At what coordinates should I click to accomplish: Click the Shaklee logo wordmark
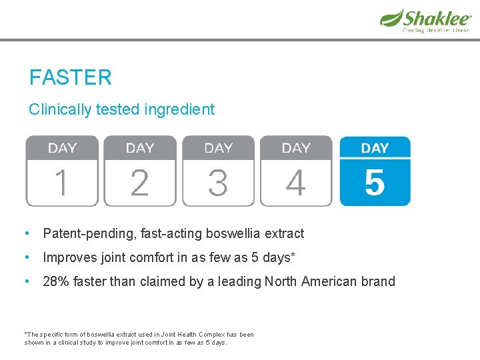tap(436, 17)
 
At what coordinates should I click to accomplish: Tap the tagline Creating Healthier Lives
tap(435, 30)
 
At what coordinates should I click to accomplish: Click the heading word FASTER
tap(70, 78)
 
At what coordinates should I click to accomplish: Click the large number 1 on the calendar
tap(61, 183)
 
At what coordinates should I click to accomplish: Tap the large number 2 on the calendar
tap(139, 183)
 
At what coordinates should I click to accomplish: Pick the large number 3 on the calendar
tap(218, 183)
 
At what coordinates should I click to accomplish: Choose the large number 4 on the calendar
tap(295, 183)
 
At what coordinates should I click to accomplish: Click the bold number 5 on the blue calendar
tap(375, 183)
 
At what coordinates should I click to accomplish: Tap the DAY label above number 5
tap(375, 148)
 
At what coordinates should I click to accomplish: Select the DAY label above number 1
tap(62, 148)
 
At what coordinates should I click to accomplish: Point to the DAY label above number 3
tap(219, 148)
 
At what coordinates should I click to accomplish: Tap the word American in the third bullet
tap(331, 281)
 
